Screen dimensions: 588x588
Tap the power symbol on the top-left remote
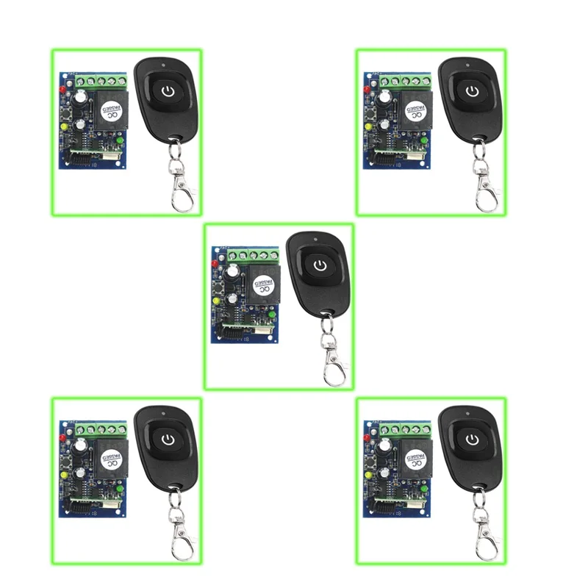(x=168, y=91)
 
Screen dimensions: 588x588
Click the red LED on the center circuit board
(x=214, y=262)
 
